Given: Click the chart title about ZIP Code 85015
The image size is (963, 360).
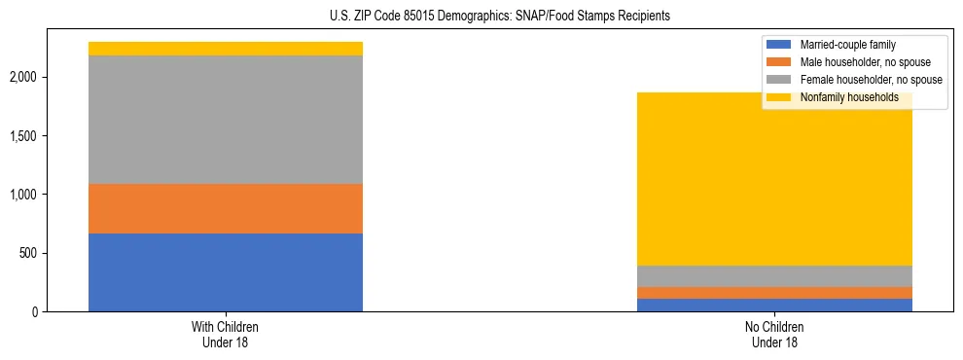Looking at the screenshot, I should pyautogui.click(x=481, y=17).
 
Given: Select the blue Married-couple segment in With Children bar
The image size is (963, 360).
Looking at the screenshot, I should pyautogui.click(x=226, y=272).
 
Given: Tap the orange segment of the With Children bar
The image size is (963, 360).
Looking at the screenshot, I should pyautogui.click(x=226, y=208).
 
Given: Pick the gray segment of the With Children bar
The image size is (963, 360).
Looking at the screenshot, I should pyautogui.click(x=226, y=120).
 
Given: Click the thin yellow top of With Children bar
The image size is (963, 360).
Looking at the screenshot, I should pyautogui.click(x=226, y=49).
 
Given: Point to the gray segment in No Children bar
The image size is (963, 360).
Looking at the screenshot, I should pyautogui.click(x=775, y=275).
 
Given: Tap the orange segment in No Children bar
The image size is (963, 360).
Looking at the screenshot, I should pyautogui.click(x=775, y=293).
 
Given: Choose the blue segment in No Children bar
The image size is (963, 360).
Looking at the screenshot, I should pyautogui.click(x=775, y=305).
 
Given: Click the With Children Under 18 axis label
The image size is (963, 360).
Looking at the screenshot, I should pyautogui.click(x=226, y=335).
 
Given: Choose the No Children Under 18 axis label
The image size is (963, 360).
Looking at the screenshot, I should pyautogui.click(x=775, y=335).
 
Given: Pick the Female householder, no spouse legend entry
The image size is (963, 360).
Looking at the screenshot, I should pyautogui.click(x=857, y=80).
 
